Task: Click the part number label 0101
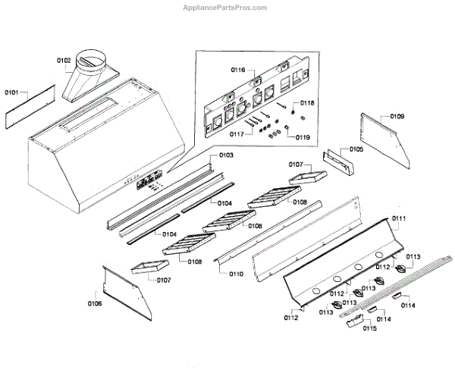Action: pyautogui.click(x=11, y=92)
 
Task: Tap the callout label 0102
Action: pyautogui.click(x=64, y=60)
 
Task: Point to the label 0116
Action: pyautogui.click(x=237, y=70)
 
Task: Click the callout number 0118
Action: pyautogui.click(x=306, y=103)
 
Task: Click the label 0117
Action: pyautogui.click(x=238, y=134)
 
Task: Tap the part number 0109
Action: pyautogui.click(x=397, y=117)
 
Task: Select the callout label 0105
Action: pyautogui.click(x=356, y=149)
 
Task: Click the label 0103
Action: pyautogui.click(x=226, y=155)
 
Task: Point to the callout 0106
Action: pyautogui.click(x=94, y=303)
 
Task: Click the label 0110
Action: pyautogui.click(x=237, y=273)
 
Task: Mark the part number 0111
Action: pyautogui.click(x=399, y=218)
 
